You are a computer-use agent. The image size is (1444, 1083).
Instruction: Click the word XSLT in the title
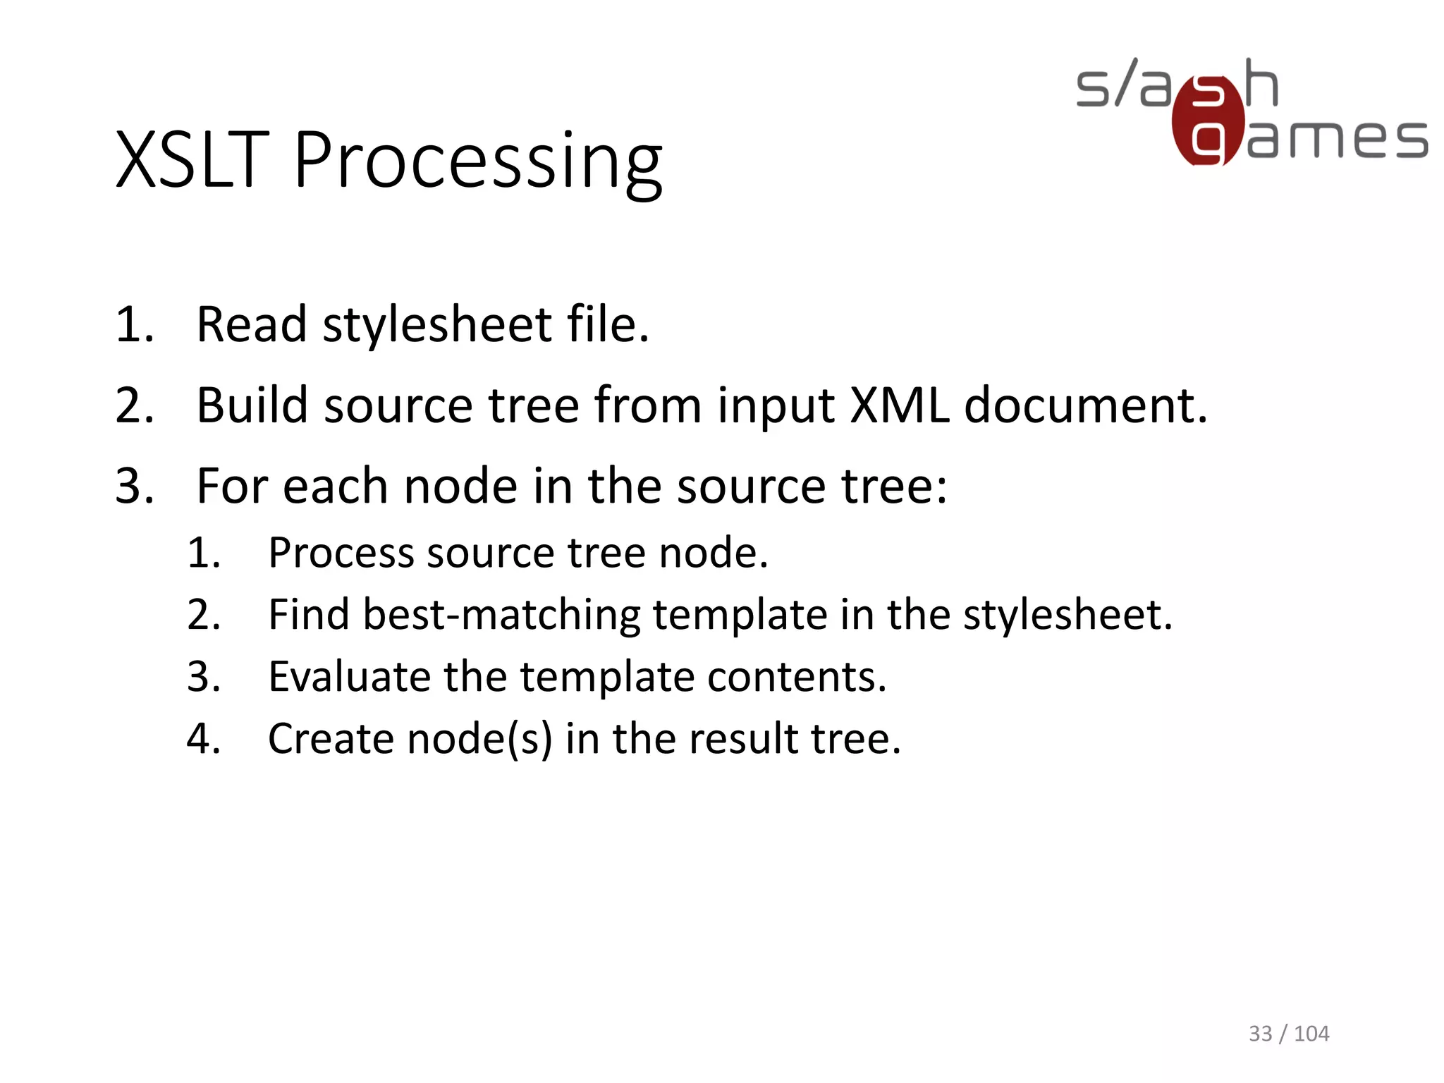point(192,161)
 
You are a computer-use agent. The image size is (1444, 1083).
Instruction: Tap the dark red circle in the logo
point(1207,121)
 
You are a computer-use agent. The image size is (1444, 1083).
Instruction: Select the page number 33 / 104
point(1288,1034)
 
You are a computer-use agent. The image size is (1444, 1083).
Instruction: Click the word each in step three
point(335,487)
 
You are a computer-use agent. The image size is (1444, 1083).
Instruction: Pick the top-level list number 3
point(133,487)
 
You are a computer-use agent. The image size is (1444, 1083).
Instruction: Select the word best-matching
point(501,616)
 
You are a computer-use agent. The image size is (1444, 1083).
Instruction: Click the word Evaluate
point(349,678)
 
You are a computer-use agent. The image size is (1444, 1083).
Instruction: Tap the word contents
point(797,678)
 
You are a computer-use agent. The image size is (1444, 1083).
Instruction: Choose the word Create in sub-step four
point(331,740)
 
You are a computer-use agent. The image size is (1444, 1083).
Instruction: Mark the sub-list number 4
point(203,740)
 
